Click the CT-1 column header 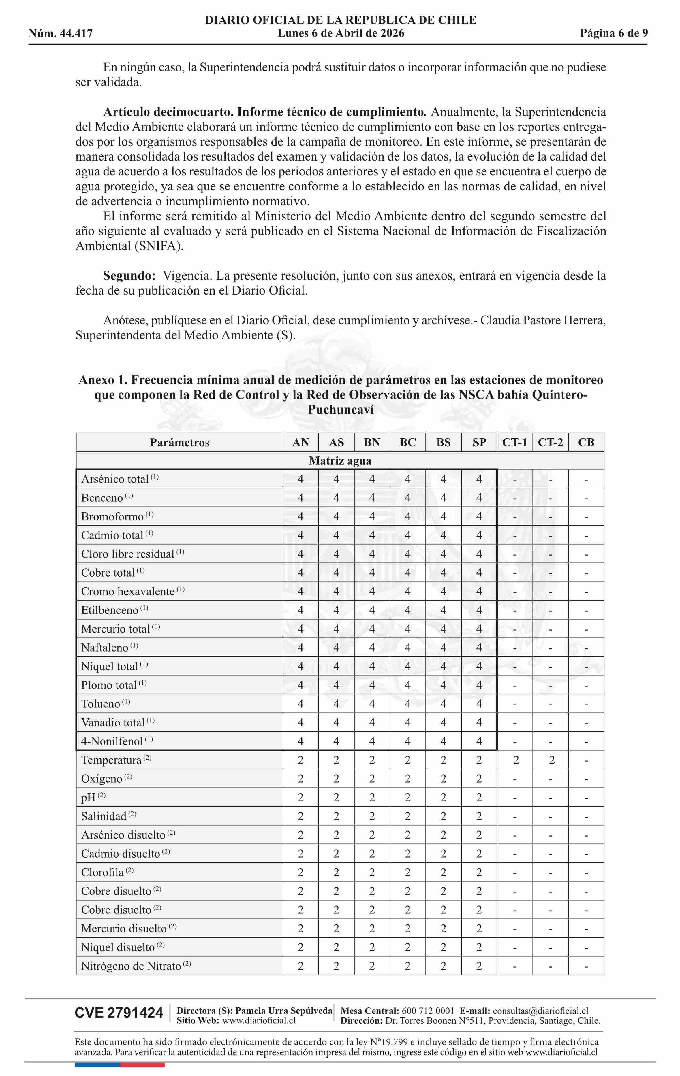coord(514,442)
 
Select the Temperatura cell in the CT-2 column coord(551,760)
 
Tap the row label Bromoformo coord(112,517)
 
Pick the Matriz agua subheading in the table coord(340,461)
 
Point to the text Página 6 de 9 coord(614,33)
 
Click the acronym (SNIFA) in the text coord(159,246)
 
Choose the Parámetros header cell coord(179,442)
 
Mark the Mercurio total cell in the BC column coord(407,629)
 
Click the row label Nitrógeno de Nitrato coord(131,966)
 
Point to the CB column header coord(586,442)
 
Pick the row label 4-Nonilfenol coord(112,741)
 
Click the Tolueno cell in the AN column coord(300,704)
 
